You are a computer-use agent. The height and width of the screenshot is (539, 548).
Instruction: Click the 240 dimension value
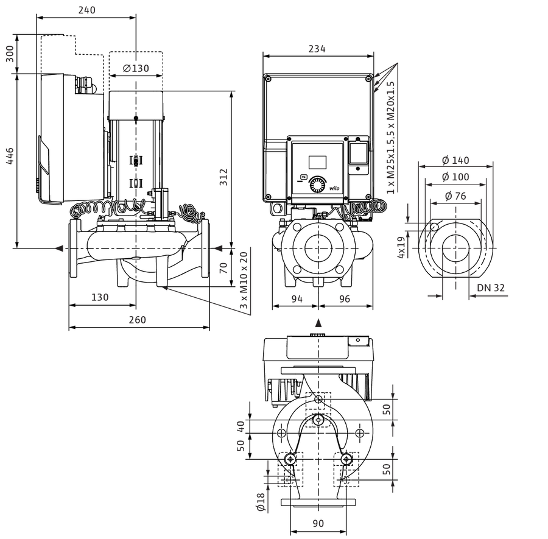pyautogui.click(x=86, y=10)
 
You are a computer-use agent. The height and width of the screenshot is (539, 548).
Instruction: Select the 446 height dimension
pyautogui.click(x=10, y=156)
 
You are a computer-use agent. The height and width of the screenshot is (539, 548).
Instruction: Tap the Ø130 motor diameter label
pyautogui.click(x=136, y=68)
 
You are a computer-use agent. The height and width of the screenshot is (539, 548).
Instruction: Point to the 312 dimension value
pyautogui.click(x=223, y=177)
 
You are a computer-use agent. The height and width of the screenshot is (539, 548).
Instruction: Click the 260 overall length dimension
pyautogui.click(x=138, y=320)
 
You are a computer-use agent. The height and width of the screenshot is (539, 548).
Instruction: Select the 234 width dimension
pyautogui.click(x=317, y=49)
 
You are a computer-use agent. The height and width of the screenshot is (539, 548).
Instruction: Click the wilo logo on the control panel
pyautogui.click(x=334, y=188)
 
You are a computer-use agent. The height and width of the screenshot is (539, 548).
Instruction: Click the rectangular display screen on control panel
pyautogui.click(x=317, y=162)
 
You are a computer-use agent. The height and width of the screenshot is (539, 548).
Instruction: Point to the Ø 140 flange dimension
pyautogui.click(x=455, y=160)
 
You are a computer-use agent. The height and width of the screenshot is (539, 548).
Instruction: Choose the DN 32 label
pyautogui.click(x=491, y=287)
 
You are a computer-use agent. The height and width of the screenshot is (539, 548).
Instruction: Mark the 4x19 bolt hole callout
pyautogui.click(x=401, y=247)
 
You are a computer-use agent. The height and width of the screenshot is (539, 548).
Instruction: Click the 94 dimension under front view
pyautogui.click(x=297, y=299)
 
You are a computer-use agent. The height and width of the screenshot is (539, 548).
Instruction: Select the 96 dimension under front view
pyautogui.click(x=345, y=299)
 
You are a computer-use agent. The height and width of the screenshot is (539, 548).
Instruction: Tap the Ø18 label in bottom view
pyautogui.click(x=261, y=502)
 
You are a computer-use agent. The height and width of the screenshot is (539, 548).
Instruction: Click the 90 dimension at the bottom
pyautogui.click(x=318, y=523)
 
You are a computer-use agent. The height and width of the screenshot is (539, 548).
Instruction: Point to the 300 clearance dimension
pyautogui.click(x=10, y=54)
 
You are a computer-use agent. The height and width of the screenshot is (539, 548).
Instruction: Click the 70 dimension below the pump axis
pyautogui.click(x=223, y=268)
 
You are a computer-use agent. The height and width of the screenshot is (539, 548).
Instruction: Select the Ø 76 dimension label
pyautogui.click(x=455, y=196)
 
